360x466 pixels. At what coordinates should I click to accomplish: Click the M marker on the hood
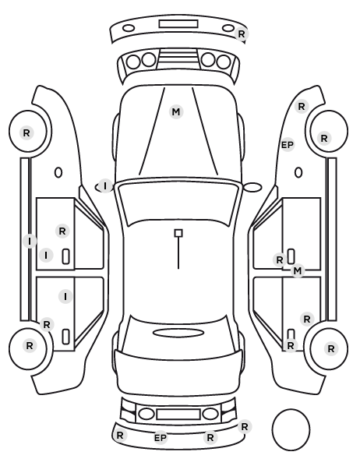pyautogui.click(x=176, y=112)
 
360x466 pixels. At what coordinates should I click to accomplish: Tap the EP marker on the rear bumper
pyautogui.click(x=161, y=438)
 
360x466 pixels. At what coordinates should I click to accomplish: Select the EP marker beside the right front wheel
pyautogui.click(x=288, y=145)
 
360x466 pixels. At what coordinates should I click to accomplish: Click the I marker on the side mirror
pyautogui.click(x=105, y=186)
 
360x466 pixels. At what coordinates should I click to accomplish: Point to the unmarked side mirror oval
pyautogui.click(x=252, y=187)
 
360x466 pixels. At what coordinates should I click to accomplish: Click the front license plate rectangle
pyautogui.click(x=178, y=24)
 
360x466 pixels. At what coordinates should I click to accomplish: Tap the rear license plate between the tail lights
pyautogui.click(x=178, y=414)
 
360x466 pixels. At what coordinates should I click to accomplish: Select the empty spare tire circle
pyautogui.click(x=291, y=429)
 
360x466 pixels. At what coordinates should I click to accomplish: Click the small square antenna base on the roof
pyautogui.click(x=178, y=233)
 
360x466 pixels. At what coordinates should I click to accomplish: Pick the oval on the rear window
pyautogui.click(x=178, y=333)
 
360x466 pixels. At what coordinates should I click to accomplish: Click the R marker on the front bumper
pyautogui.click(x=242, y=34)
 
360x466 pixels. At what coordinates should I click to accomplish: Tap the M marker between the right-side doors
pyautogui.click(x=298, y=270)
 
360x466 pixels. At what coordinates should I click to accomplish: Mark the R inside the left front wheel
pyautogui.click(x=26, y=132)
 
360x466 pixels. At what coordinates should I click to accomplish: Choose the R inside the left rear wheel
pyautogui.click(x=30, y=346)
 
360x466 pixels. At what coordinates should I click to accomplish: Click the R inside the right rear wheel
pyautogui.click(x=331, y=348)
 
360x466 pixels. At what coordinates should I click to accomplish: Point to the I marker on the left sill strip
pyautogui.click(x=30, y=241)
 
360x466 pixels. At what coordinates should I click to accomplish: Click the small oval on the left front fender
pyautogui.click(x=58, y=172)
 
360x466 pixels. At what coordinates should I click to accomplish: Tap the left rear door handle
pyautogui.click(x=65, y=337)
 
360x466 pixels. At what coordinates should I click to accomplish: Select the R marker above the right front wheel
pyautogui.click(x=302, y=107)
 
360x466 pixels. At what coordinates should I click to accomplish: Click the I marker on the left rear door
pyautogui.click(x=65, y=296)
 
